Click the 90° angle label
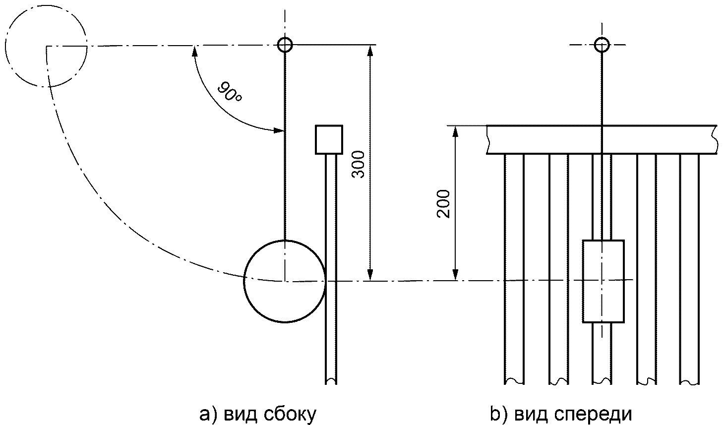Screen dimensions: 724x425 point(230,92)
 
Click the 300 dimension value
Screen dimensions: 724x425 point(358,164)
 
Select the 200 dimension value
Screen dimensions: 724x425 point(443,204)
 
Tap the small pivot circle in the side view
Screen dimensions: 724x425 point(285,45)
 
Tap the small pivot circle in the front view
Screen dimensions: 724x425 point(602,45)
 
